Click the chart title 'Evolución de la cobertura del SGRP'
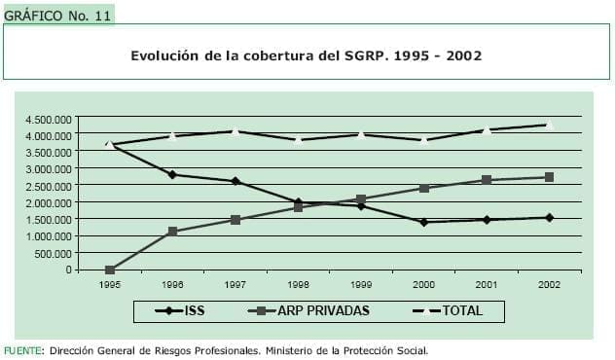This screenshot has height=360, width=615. (307, 55)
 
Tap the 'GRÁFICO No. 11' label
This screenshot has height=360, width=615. (57, 15)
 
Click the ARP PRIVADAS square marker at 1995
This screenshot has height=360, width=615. (110, 270)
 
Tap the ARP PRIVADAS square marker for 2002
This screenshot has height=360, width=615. (549, 177)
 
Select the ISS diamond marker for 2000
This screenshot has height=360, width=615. (423, 222)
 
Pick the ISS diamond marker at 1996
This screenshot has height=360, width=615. (172, 174)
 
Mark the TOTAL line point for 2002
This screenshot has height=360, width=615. (549, 125)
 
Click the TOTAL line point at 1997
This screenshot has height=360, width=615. (235, 130)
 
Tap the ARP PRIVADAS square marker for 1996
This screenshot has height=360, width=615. (172, 232)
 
